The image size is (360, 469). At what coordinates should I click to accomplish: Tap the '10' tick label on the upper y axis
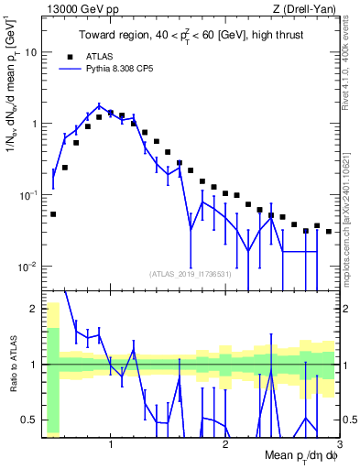click(x=29, y=52)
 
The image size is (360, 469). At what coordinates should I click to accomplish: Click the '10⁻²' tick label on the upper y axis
click(x=27, y=267)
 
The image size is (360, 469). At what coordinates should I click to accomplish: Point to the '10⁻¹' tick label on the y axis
click(x=27, y=195)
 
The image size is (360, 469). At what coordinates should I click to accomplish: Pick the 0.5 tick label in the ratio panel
click(x=29, y=420)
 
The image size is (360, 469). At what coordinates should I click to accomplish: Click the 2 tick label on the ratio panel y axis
click(x=35, y=308)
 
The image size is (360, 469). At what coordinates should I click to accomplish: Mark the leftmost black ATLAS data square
click(x=53, y=214)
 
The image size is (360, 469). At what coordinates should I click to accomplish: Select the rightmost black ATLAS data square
click(x=329, y=232)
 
